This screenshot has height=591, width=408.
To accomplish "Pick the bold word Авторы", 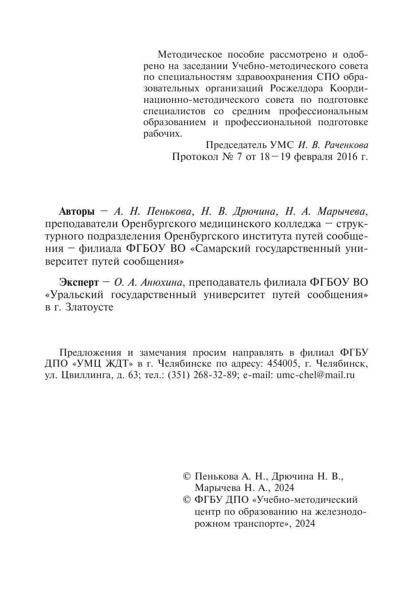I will click(x=77, y=211).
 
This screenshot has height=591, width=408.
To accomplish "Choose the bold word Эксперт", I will click(x=79, y=282).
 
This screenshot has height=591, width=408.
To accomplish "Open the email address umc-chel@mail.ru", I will click(x=316, y=376).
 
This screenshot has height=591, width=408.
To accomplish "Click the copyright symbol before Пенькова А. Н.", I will click(x=187, y=476).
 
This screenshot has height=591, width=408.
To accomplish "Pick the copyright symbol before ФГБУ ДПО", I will click(x=187, y=500).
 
